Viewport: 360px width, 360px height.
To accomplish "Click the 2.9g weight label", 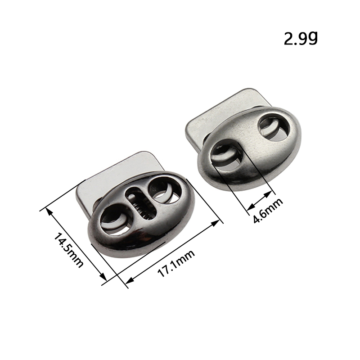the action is [301, 38].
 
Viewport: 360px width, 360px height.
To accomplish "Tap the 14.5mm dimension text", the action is [68, 250].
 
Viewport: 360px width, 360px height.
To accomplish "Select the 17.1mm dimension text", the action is [176, 263].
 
